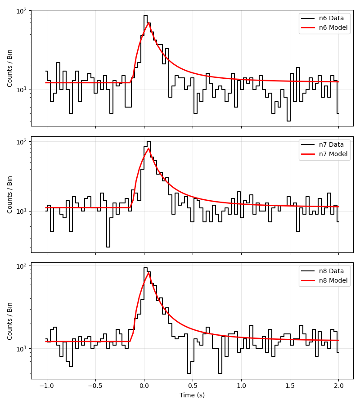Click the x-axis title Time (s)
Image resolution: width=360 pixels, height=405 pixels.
point(192,395)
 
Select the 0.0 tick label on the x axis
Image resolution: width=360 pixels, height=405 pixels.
point(144,386)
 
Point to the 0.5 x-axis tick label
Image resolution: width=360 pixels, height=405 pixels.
point(193,386)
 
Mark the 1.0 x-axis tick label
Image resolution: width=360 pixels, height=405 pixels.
point(242,386)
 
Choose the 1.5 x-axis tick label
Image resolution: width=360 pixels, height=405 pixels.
point(290,386)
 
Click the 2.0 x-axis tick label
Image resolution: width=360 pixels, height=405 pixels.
point(339,386)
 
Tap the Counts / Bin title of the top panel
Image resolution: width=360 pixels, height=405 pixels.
point(9,68)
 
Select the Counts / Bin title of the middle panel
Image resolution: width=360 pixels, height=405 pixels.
point(9,194)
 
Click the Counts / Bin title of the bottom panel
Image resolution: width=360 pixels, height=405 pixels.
point(9,321)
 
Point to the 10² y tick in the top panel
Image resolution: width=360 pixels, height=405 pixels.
point(22,10)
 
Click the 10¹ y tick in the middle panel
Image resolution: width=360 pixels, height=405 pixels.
point(22,211)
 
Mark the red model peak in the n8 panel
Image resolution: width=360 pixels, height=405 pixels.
point(149,272)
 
